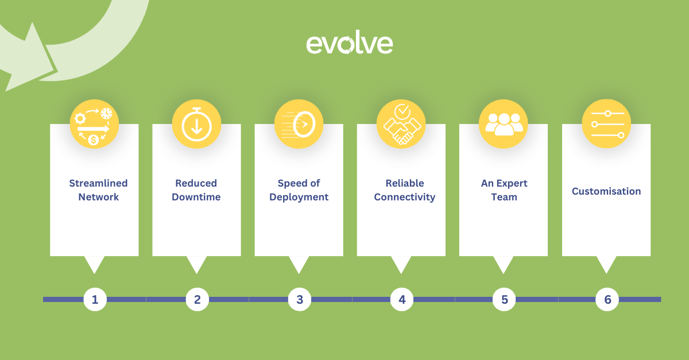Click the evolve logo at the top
coord(350,44)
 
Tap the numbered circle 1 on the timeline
coord(95,299)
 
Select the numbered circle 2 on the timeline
coord(197,299)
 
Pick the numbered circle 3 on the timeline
coord(300,299)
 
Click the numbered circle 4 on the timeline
coord(402,299)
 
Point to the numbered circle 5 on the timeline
coord(504,299)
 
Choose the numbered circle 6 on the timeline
coord(607,299)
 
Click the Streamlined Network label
coord(98,190)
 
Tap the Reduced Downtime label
coord(196,190)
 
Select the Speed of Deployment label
coord(299,190)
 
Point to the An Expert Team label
coord(504,190)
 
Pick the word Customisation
coord(606,191)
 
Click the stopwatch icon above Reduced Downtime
coord(196,124)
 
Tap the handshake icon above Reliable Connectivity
coord(401,124)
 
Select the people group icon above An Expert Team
coord(504,124)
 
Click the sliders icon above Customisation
coord(606,124)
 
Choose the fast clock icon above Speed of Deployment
coord(299,124)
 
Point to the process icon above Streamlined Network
coord(94,124)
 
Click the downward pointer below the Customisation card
coord(606,264)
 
